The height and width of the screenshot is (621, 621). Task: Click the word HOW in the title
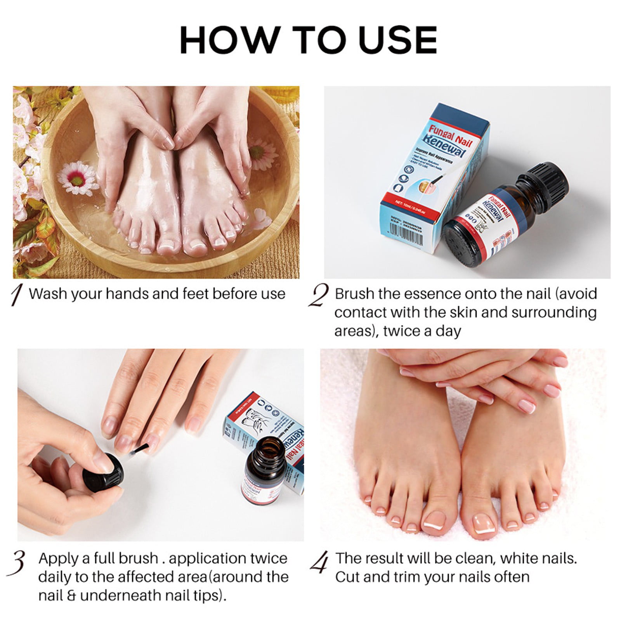tap(229, 40)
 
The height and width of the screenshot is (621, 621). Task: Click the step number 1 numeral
tap(17, 296)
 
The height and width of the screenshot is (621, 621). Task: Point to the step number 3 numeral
tap(18, 562)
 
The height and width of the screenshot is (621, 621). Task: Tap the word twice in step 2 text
tap(402, 331)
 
